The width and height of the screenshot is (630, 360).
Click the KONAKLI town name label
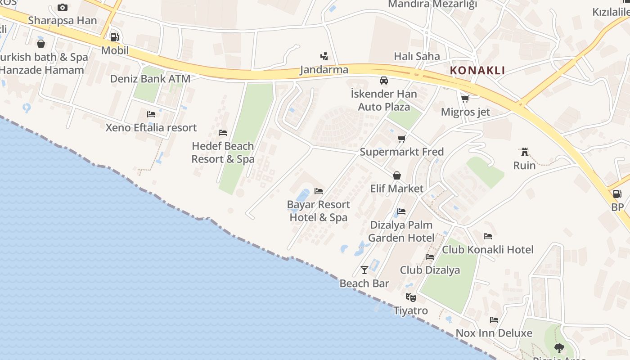477,71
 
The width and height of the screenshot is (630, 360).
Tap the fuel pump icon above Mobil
114,37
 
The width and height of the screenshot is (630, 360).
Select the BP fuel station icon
617,194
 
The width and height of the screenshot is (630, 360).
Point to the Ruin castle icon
524,152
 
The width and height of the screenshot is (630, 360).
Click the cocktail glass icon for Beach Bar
364,270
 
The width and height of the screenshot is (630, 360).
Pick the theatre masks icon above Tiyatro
410,297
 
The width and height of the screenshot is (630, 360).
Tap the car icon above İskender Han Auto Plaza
383,81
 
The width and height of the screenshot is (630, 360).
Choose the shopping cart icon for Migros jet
465,98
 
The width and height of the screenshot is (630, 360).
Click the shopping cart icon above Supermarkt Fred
401,139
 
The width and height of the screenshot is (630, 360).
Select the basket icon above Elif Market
397,175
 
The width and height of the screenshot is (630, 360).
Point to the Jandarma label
324,70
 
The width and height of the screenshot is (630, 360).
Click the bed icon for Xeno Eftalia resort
151,114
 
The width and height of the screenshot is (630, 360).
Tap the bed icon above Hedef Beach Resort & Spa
222,133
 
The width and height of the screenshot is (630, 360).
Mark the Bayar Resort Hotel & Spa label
318,211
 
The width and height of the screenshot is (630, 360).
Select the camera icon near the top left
63,7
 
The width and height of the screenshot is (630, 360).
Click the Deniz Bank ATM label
150,79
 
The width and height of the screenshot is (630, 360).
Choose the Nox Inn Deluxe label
494,333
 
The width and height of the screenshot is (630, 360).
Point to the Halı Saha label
417,57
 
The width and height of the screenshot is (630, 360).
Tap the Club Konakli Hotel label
488,250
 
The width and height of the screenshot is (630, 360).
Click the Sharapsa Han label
62,21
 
